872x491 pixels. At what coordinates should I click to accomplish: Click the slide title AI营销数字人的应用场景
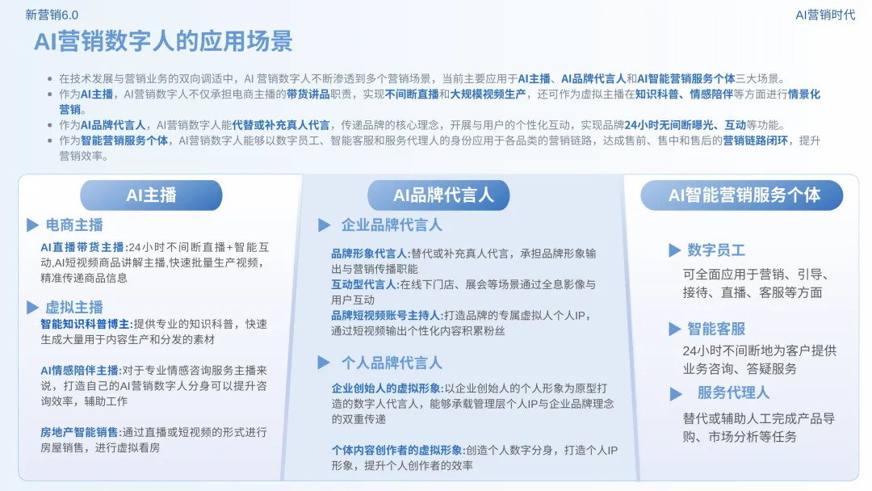pyautogui.click(x=163, y=41)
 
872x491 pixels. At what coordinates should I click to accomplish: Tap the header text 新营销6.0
pyautogui.click(x=52, y=15)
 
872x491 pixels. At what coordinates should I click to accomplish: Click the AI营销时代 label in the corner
pyautogui.click(x=825, y=15)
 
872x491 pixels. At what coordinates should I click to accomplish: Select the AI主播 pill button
pyautogui.click(x=151, y=195)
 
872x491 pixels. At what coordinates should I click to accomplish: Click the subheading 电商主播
pyautogui.click(x=74, y=225)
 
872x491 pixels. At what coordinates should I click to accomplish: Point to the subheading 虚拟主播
pyautogui.click(x=74, y=307)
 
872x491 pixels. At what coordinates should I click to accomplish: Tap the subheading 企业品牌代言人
pyautogui.click(x=392, y=225)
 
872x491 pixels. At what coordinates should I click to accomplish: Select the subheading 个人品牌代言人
pyautogui.click(x=392, y=363)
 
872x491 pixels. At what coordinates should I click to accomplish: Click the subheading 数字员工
pyautogui.click(x=716, y=250)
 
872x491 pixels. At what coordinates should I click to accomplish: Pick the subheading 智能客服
pyautogui.click(x=716, y=329)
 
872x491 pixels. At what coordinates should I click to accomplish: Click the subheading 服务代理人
pyautogui.click(x=733, y=392)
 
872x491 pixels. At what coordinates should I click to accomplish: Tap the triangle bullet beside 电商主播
pyautogui.click(x=32, y=225)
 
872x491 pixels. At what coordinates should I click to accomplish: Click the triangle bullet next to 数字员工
pyautogui.click(x=674, y=250)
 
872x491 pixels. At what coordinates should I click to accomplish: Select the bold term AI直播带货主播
pyautogui.click(x=82, y=247)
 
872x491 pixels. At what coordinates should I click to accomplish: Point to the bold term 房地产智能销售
pyautogui.click(x=79, y=432)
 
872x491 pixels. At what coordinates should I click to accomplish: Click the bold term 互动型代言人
pyautogui.click(x=364, y=284)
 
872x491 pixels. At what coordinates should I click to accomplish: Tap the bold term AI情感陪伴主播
pyautogui.click(x=79, y=370)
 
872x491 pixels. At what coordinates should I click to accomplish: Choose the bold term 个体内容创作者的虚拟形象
pyautogui.click(x=396, y=450)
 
